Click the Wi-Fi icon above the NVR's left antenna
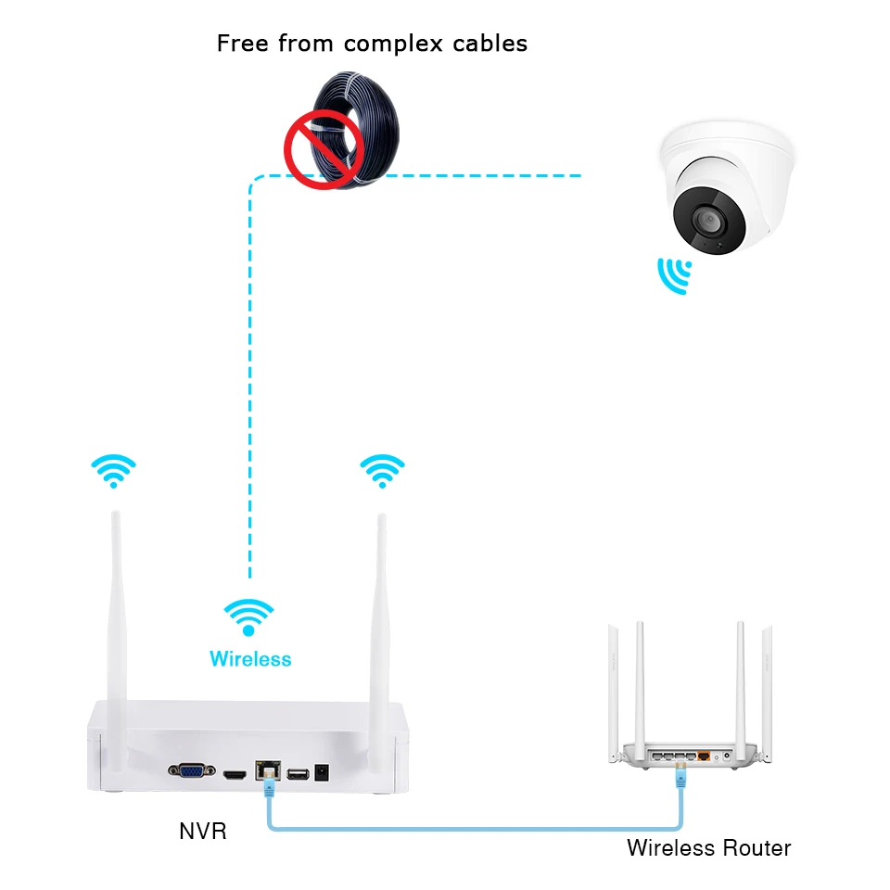click(x=113, y=471)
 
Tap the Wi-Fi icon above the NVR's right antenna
click(x=382, y=471)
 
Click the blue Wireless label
click(x=250, y=659)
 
